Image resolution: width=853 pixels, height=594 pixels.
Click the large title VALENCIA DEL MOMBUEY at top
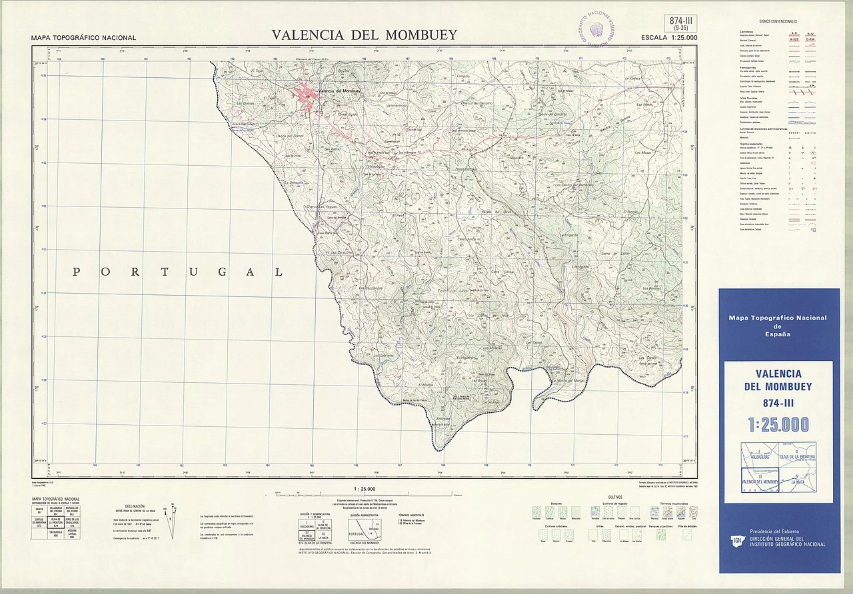[364, 35]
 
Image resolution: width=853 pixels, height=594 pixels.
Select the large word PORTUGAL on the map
[177, 272]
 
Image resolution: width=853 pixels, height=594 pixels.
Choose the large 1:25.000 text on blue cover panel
[778, 424]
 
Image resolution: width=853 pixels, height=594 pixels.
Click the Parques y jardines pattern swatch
[661, 533]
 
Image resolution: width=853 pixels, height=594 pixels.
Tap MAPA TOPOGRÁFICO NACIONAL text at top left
[83, 38]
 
